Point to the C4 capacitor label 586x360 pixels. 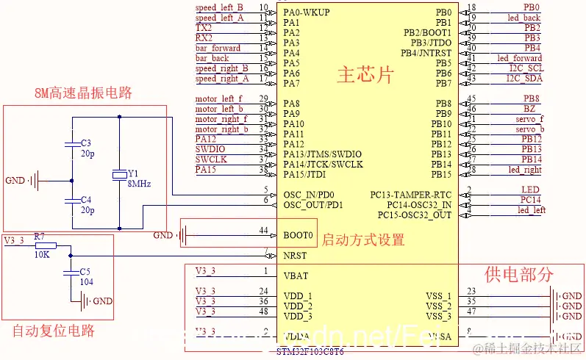(86, 199)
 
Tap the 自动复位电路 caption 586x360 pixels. (54, 331)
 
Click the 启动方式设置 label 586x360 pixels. (363, 240)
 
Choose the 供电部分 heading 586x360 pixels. (518, 275)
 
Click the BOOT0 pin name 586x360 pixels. (298, 236)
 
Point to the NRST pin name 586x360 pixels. (296, 256)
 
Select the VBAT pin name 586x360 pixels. (296, 276)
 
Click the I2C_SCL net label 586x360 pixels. (525, 68)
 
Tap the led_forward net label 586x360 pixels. (519, 58)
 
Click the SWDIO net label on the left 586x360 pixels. (211, 149)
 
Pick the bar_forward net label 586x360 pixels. (218, 48)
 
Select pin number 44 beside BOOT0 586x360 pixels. (263, 231)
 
